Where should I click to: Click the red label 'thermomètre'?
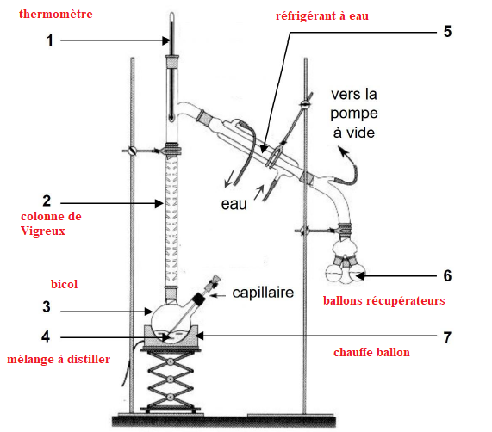tap(55, 14)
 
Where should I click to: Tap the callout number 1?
tap(50, 40)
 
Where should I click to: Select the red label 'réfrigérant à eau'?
tap(322, 16)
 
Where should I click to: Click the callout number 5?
tap(447, 31)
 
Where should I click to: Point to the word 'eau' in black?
tap(234, 204)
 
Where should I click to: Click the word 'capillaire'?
tap(263, 293)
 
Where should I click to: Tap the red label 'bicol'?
tap(64, 284)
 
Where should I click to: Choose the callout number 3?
tap(47, 307)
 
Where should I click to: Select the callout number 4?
tap(46, 336)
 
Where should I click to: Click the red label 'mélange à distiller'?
tap(59, 359)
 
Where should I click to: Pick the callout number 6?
tap(447, 275)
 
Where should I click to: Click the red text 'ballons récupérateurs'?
tap(384, 300)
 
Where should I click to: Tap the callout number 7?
tap(447, 337)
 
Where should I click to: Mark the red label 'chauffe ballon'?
tap(371, 353)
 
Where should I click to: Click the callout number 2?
tap(47, 201)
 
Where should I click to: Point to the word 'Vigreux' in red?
tap(43, 231)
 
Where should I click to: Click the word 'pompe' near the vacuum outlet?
tap(354, 114)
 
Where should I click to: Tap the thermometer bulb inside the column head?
tap(171, 118)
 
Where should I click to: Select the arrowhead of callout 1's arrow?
tap(166, 40)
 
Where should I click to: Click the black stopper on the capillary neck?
tap(199, 299)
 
